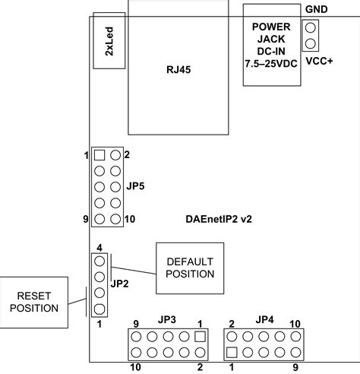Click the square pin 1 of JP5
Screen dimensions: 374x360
[x=99, y=155]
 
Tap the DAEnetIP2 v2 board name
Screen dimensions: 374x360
[x=219, y=219]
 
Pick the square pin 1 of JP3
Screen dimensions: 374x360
[x=200, y=335]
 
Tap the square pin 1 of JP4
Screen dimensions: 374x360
[x=232, y=351]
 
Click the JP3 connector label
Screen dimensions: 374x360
[x=167, y=319]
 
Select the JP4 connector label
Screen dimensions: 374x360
[x=264, y=319]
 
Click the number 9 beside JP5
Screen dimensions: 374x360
[x=87, y=219]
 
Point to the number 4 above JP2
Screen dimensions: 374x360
[x=99, y=248]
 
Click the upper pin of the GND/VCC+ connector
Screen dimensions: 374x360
[x=310, y=27]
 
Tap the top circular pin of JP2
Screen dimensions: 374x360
[x=99, y=261]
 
